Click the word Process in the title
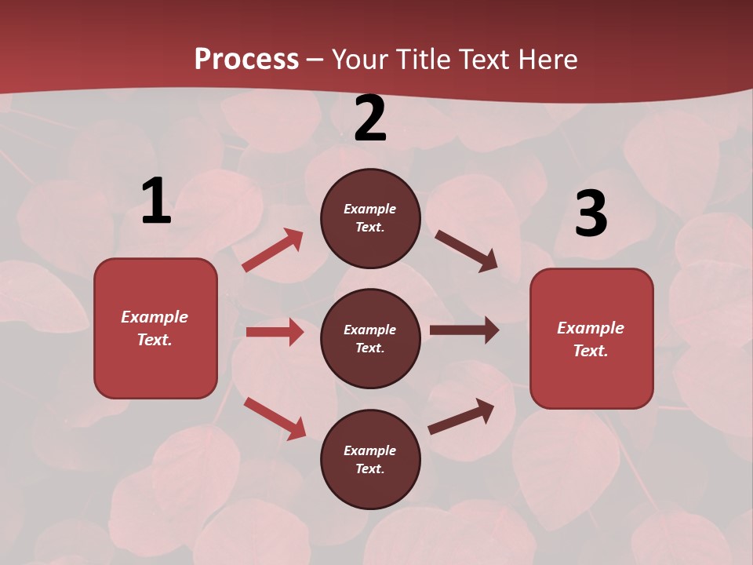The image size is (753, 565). (246, 60)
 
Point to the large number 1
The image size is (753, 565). (156, 201)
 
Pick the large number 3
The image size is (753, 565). (591, 214)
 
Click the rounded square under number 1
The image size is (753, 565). (155, 328)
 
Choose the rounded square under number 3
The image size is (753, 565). (591, 338)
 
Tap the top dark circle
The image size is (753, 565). (370, 218)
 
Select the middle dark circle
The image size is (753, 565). (370, 338)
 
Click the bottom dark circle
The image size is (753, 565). (370, 459)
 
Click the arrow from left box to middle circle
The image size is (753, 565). (275, 332)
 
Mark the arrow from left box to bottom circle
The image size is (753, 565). (275, 418)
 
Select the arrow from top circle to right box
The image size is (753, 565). (466, 251)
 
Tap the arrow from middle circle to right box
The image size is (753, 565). (464, 330)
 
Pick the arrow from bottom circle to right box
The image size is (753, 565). (461, 416)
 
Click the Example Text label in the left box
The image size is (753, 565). (155, 328)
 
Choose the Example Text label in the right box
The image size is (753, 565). (591, 339)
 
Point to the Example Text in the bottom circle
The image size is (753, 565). (369, 460)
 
